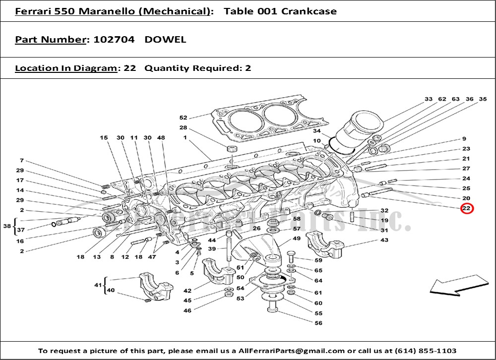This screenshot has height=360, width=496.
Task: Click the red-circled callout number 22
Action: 466,208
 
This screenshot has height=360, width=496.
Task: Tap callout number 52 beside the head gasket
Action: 183,118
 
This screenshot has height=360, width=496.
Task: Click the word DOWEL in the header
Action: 165,40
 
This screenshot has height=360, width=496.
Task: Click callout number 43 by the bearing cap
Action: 384,240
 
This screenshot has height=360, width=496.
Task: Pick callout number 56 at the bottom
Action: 318,323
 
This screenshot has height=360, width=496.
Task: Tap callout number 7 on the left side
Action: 22,161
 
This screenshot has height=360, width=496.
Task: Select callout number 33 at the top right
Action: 429,99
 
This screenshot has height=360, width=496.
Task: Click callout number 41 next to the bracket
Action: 97,286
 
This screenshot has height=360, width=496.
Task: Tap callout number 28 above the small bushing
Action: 183,128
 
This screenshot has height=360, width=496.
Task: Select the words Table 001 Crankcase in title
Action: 280,11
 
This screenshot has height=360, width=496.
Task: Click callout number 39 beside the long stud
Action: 212,249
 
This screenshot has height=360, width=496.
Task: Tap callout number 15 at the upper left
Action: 104,137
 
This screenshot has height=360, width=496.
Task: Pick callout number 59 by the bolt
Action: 318,260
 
